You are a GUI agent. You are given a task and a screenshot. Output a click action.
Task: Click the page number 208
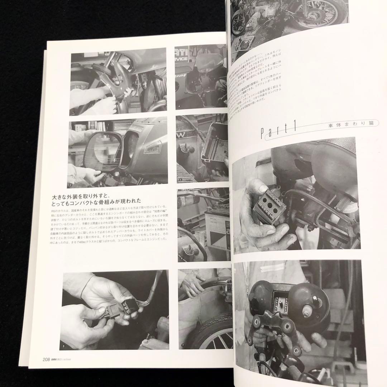[x=48, y=359]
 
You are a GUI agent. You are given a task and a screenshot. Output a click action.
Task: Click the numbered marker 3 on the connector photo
[x=64, y=346]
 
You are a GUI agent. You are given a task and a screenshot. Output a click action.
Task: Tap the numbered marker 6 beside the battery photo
[x=182, y=258]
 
